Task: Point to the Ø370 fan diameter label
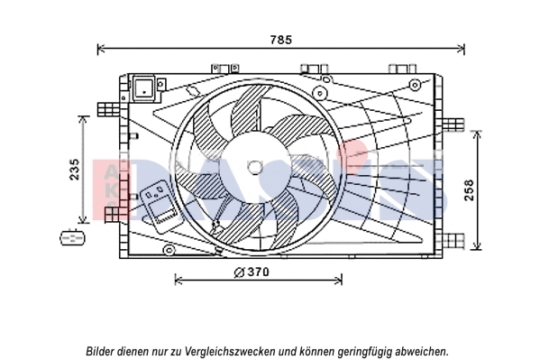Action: click(252, 272)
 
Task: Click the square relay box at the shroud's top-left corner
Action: click(144, 89)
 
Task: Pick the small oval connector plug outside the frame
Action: click(70, 238)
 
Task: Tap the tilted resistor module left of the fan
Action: click(160, 208)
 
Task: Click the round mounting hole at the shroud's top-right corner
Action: click(415, 85)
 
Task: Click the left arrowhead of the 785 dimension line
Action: click(99, 49)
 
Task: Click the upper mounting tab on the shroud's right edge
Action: click(453, 125)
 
